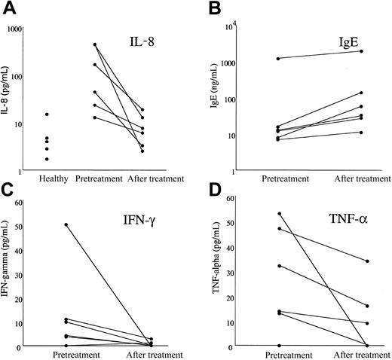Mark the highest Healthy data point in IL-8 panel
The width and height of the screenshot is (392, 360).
[47, 114]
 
